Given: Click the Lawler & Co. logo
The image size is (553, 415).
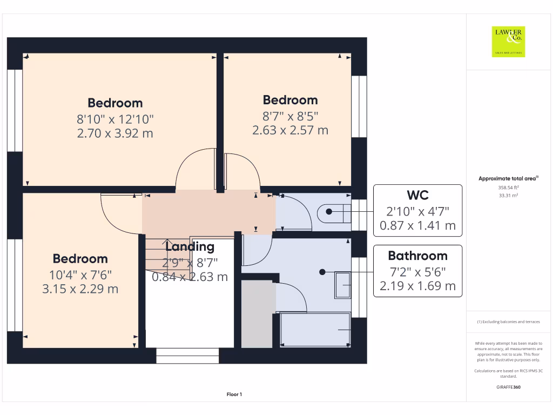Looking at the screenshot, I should [x=508, y=42].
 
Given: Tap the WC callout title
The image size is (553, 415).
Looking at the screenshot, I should [x=417, y=195].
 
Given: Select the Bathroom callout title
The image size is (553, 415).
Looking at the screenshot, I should [x=417, y=256].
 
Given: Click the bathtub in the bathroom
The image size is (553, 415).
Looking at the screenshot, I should [x=314, y=330].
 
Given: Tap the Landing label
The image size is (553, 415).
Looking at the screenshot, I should [x=190, y=247].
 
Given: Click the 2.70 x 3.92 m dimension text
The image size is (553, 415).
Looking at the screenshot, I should [x=115, y=133].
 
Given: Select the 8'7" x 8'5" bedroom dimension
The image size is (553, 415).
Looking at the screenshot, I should [x=290, y=115].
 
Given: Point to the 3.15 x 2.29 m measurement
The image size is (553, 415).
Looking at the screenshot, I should [x=80, y=289].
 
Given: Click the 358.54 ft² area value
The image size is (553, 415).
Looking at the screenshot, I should [x=509, y=188].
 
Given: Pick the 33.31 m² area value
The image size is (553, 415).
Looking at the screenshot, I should [x=509, y=196].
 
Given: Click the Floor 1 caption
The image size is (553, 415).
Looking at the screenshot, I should [x=234, y=395].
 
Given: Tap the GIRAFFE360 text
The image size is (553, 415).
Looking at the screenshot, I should [x=508, y=387].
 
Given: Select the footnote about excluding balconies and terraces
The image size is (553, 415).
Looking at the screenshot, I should [x=508, y=322].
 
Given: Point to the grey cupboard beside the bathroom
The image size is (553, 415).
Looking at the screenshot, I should [x=256, y=313].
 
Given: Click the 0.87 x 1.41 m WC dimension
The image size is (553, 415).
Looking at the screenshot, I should [x=417, y=225].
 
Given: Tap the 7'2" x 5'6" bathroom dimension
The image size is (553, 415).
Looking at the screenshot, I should [x=417, y=271].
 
